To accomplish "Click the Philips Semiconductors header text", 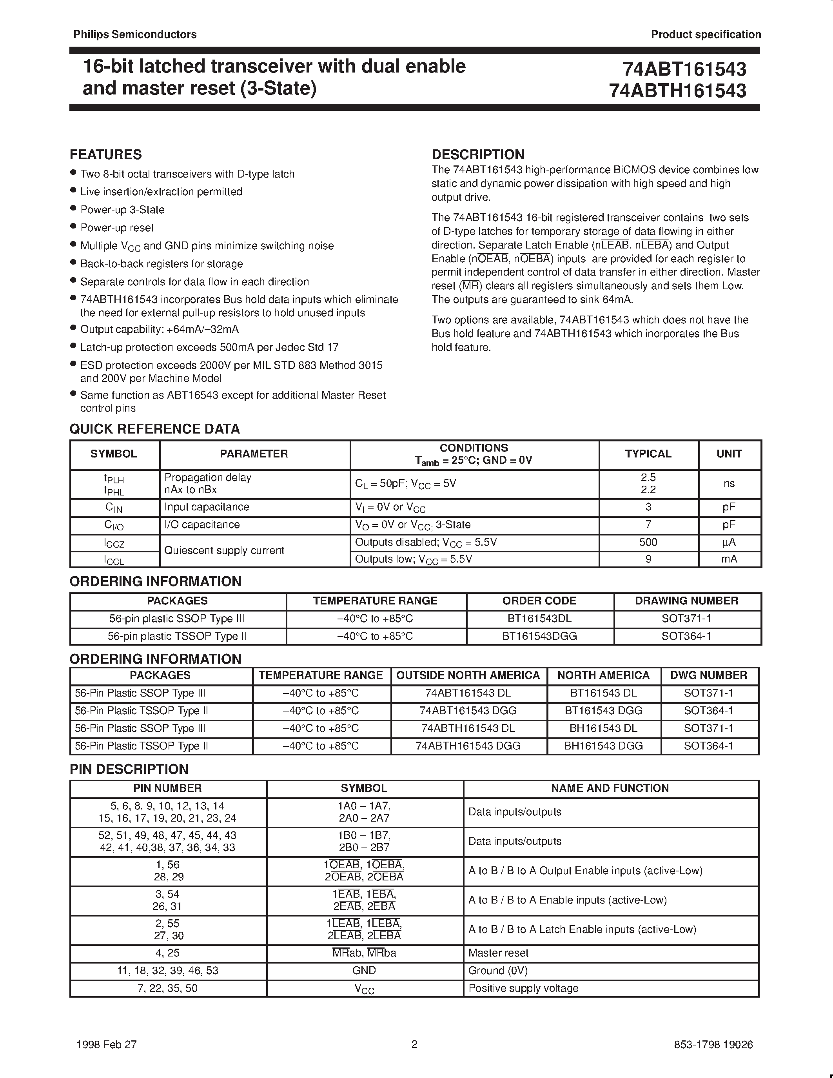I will [x=135, y=34].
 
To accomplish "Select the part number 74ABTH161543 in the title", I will [x=677, y=91].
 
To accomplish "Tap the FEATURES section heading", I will [x=105, y=154].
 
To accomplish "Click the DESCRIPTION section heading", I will [x=478, y=154].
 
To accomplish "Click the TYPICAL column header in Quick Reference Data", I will [x=648, y=454].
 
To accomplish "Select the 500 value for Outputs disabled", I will [x=648, y=543].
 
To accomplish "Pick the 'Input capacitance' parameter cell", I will [x=206, y=507].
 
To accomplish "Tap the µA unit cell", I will [x=729, y=543].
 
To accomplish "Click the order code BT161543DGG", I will [x=539, y=636].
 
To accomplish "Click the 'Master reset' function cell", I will [x=498, y=953].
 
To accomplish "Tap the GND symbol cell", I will [x=364, y=971].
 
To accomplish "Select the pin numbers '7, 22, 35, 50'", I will [x=168, y=988].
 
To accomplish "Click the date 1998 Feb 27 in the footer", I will [x=107, y=1044].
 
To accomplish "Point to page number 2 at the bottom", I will [x=414, y=1044].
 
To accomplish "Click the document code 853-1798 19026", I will [x=713, y=1044].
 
